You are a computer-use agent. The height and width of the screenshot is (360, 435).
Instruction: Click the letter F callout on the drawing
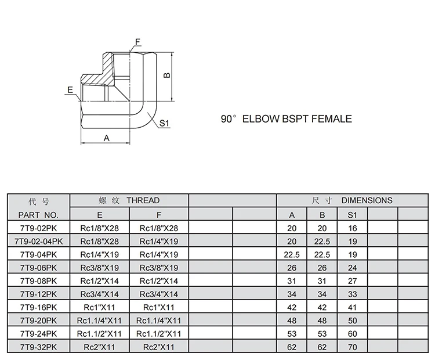pos(138,42)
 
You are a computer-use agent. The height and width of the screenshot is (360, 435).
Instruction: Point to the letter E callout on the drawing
pos(70,90)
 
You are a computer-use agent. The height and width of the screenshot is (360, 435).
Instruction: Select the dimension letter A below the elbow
pos(106,138)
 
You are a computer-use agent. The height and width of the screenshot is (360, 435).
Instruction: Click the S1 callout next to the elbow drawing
pos(164,124)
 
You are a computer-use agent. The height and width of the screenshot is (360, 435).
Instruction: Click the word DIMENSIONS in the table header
pos(367,200)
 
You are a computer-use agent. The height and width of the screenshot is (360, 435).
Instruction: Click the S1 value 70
pos(353,347)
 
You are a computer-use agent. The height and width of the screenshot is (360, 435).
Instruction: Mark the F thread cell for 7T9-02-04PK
pos(159,241)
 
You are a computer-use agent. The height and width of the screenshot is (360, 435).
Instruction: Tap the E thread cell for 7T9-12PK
pos(99,294)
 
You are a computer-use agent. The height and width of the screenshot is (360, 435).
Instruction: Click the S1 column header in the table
pos(353,215)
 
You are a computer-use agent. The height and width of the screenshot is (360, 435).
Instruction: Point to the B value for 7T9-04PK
pos(322,254)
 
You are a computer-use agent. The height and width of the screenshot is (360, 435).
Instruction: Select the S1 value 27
pos(353,281)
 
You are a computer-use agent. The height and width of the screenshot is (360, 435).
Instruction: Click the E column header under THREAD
pos(99,215)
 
